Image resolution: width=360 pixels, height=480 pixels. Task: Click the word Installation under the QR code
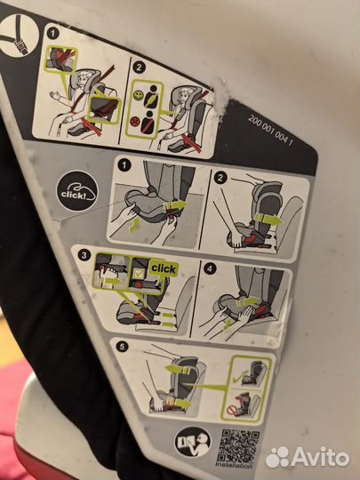(235, 465)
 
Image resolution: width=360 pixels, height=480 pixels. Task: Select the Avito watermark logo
(307, 456)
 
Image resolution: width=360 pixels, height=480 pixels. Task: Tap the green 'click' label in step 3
(163, 268)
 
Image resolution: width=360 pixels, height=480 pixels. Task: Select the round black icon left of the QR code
(193, 442)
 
